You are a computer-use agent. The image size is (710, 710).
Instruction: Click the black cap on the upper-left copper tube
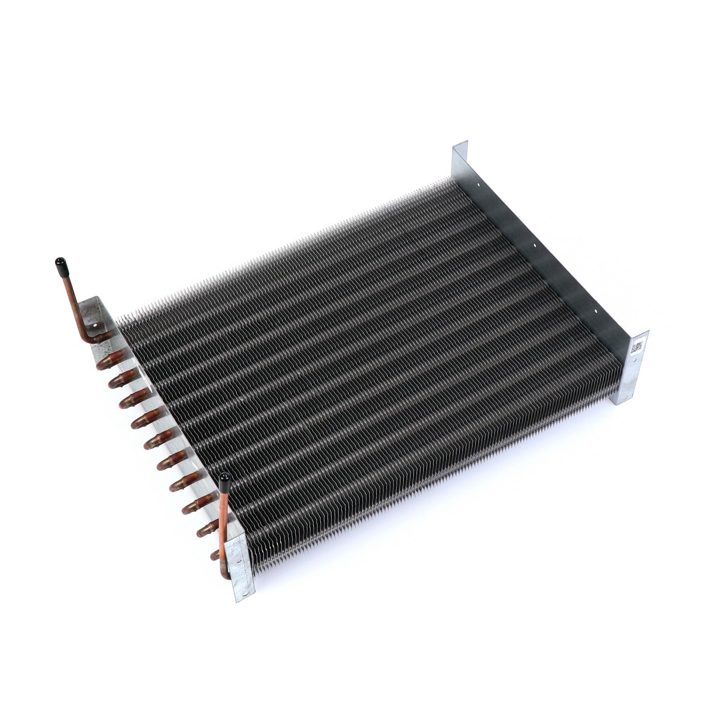pos(61,262)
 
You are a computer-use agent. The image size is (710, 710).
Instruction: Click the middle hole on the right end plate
pos(535,245)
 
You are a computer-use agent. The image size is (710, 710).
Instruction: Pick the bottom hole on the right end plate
pos(595,312)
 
